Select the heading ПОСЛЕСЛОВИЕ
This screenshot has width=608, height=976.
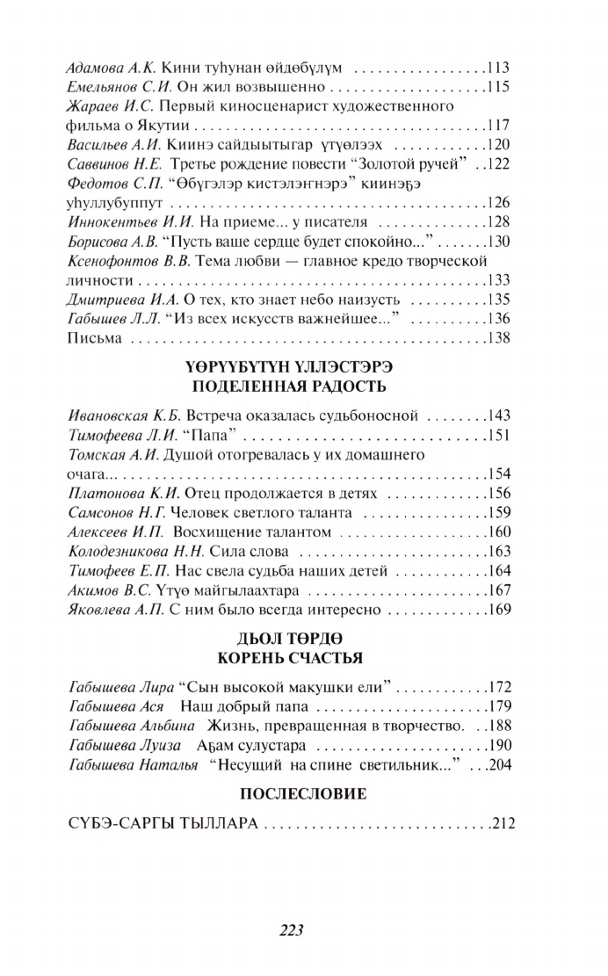click(x=291, y=794)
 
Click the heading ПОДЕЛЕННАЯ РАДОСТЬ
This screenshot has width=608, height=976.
click(x=291, y=386)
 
